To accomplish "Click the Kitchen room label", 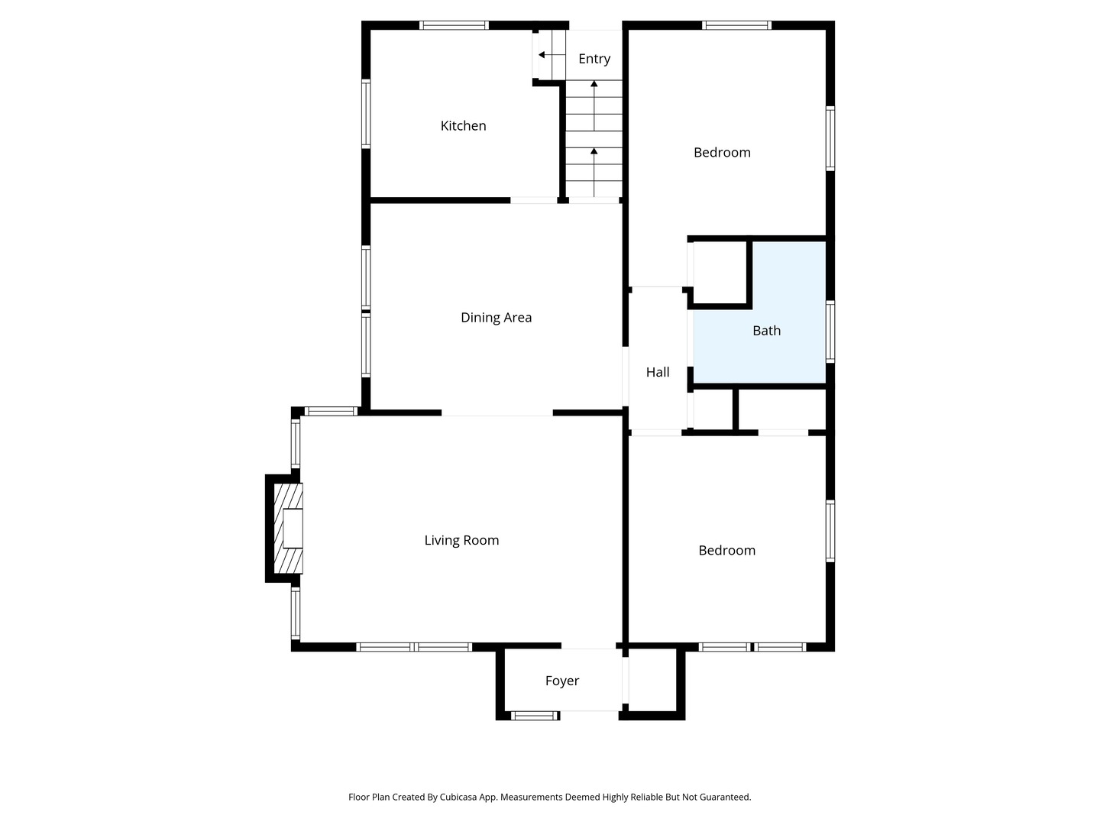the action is click(x=463, y=126).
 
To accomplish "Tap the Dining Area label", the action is click(x=496, y=318).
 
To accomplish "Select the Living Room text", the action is click(x=461, y=540).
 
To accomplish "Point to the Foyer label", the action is click(x=562, y=681).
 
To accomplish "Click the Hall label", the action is click(x=658, y=372).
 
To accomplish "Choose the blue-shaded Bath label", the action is click(x=767, y=331).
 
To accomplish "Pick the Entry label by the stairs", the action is click(x=594, y=59).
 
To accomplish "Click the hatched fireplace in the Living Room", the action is click(x=288, y=528).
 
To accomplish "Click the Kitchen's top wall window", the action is click(x=454, y=25).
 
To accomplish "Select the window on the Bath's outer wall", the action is click(x=830, y=332).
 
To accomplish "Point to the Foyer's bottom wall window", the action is click(x=535, y=716).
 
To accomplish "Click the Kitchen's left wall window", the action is click(x=366, y=114).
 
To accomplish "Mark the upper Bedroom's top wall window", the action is click(x=736, y=25).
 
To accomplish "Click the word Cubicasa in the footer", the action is click(x=458, y=797).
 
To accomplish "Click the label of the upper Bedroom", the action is click(x=722, y=153).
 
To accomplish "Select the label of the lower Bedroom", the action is click(x=726, y=551).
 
